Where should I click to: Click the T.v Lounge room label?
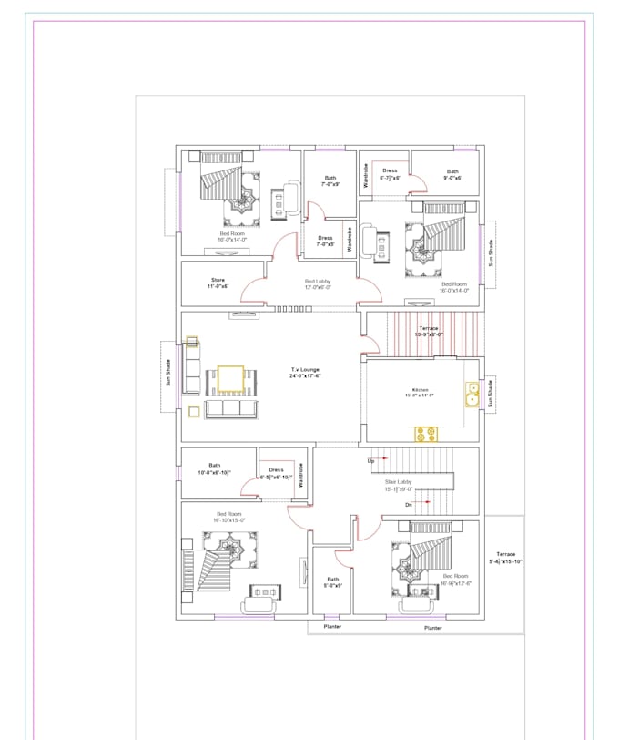pos(305,373)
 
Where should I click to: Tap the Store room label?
pos(218,283)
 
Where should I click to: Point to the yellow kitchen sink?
pos(472,394)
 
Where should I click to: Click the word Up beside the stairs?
pos(370,460)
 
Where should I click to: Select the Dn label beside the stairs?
pos(409,504)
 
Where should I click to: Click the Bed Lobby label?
pos(317,283)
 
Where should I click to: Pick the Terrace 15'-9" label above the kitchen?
pos(429,331)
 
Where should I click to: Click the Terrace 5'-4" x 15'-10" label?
pos(505,558)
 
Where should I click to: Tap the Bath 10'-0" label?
pos(215,468)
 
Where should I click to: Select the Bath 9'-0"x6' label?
pos(452,174)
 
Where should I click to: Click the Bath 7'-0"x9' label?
pos(330,181)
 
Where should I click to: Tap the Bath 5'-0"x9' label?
pos(333,581)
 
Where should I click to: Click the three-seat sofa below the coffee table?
pos(231,409)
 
